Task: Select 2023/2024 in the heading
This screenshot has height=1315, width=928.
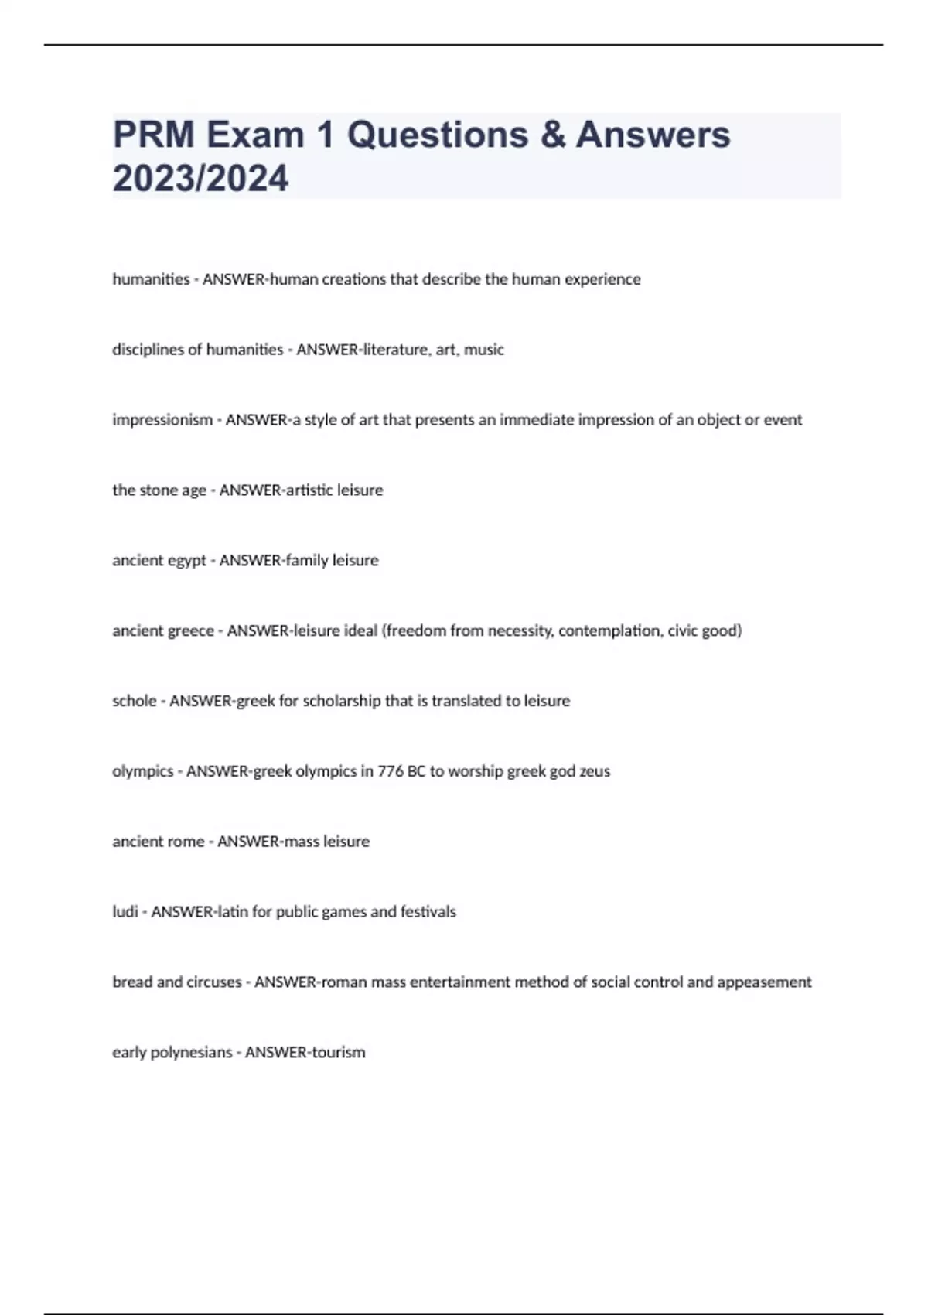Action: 200,179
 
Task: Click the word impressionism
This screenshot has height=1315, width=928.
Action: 162,420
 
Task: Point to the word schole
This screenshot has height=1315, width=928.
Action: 135,701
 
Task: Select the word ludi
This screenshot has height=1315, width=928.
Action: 125,912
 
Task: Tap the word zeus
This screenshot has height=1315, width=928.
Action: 595,771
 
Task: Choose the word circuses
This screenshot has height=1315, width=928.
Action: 213,982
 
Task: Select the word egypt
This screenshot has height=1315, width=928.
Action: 186,561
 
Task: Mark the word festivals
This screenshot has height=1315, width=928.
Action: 428,912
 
